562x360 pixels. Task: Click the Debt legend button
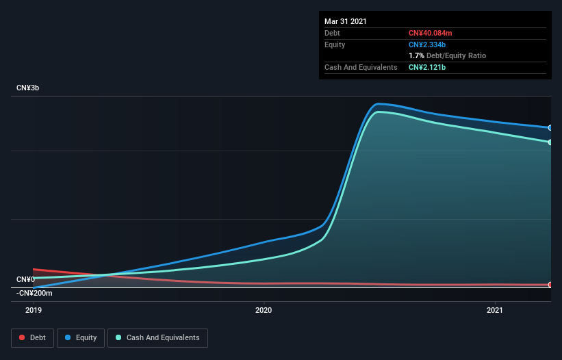point(34,337)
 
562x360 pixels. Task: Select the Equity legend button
point(81,337)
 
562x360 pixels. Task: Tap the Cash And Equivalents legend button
point(157,337)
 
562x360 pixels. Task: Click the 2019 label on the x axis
point(34,311)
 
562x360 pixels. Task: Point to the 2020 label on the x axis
point(264,311)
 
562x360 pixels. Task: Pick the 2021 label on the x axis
point(495,311)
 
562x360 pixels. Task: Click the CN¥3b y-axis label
point(28,88)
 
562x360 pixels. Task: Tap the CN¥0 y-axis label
point(25,279)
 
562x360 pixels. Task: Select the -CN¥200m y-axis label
point(34,293)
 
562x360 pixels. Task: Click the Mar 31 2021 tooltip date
point(346,21)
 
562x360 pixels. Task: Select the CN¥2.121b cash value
point(428,67)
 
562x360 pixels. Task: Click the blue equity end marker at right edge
point(550,128)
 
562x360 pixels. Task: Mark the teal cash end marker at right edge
point(550,142)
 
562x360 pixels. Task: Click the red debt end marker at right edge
point(550,285)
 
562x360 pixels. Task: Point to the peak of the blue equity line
point(379,104)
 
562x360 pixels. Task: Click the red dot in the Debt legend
point(23,337)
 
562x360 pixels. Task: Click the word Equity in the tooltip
point(335,44)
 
